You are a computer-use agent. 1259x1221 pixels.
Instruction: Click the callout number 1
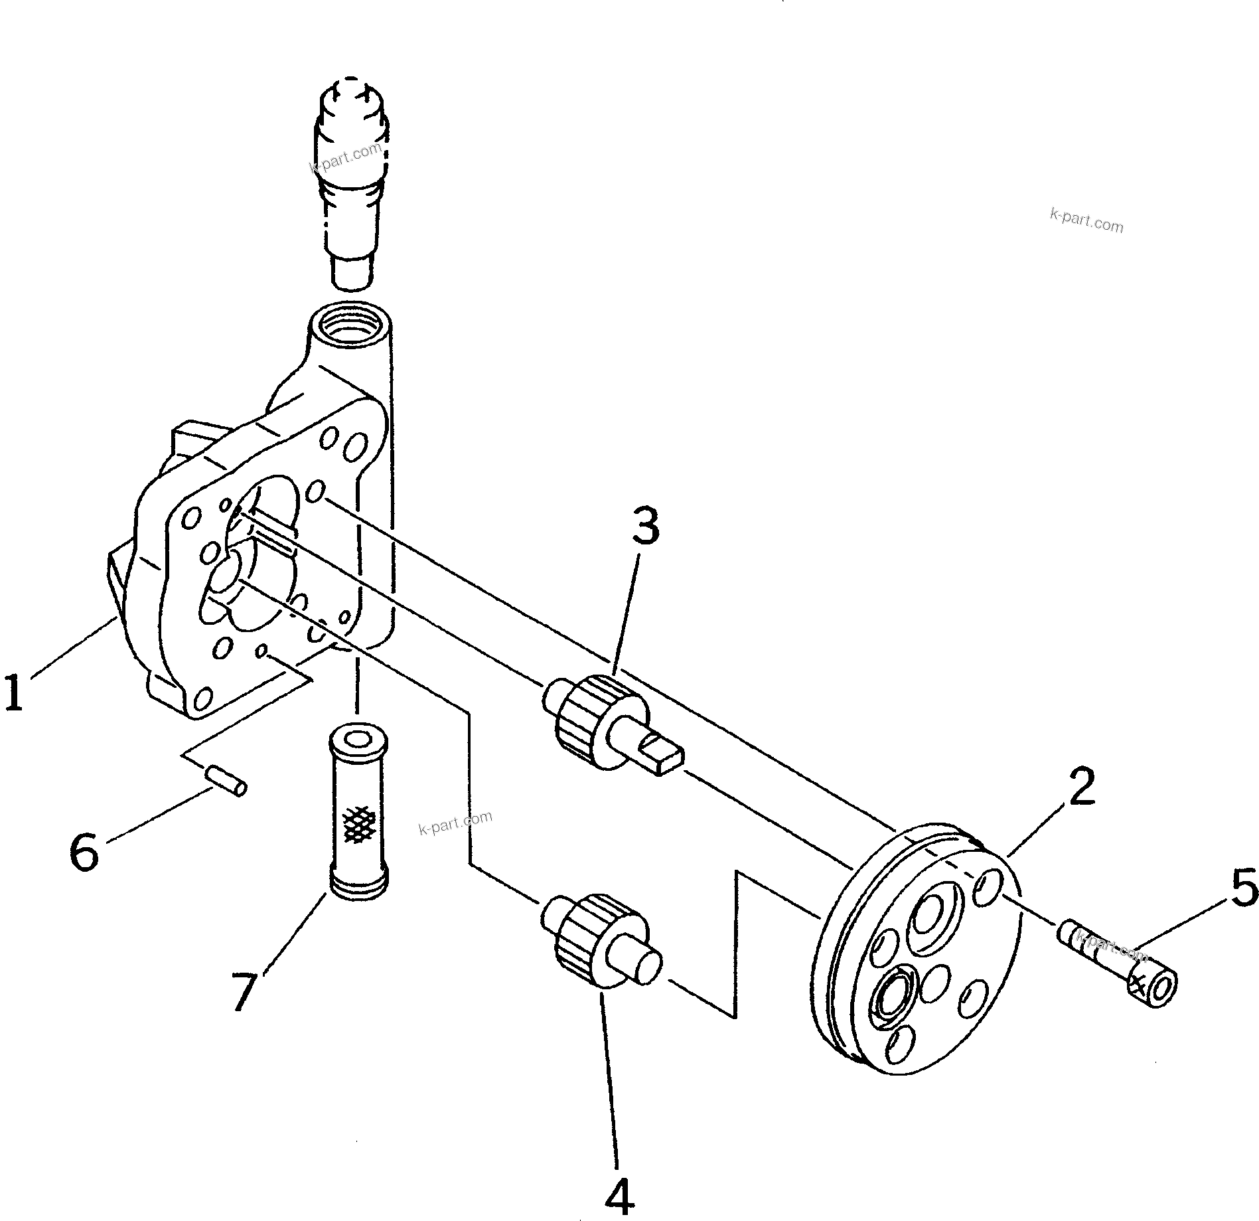tap(15, 692)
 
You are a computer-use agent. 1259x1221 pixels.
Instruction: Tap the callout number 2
tap(1082, 787)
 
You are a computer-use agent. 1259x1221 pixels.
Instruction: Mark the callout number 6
tap(85, 853)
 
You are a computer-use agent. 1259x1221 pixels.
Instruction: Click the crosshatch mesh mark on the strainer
tap(358, 826)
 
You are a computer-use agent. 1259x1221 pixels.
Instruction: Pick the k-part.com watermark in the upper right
tap(1086, 221)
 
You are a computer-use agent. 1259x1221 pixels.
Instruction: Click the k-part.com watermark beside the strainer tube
tap(455, 823)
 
